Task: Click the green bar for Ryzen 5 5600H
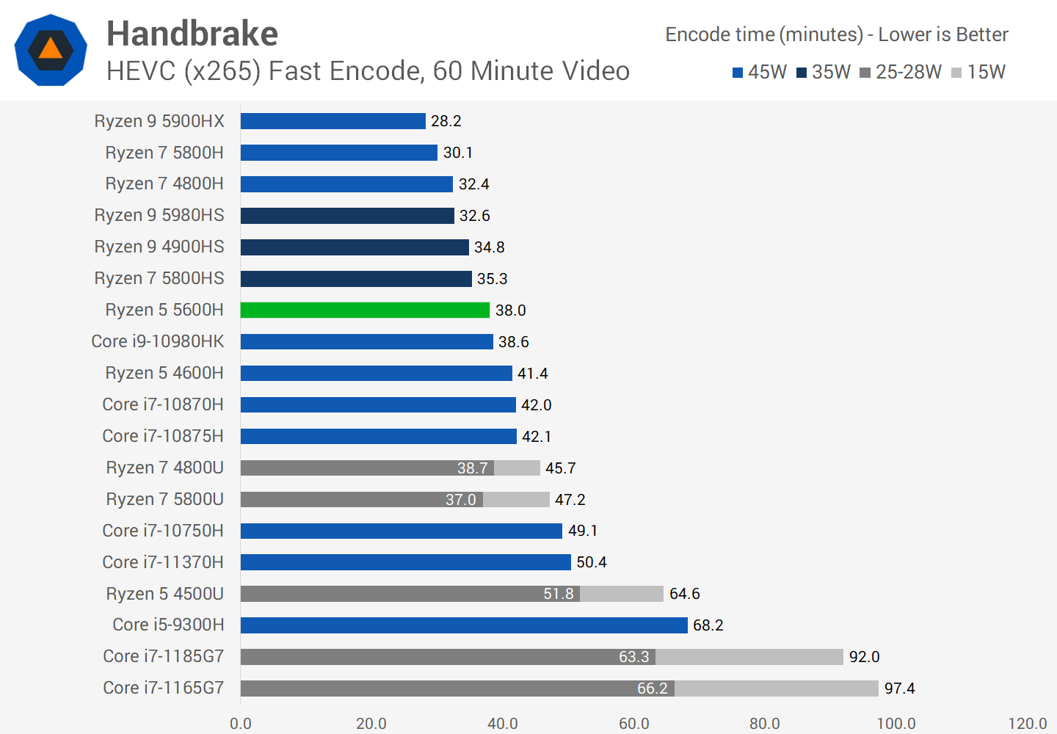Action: tap(365, 310)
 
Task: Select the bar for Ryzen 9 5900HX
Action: tap(333, 121)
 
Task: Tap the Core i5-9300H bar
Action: tap(464, 625)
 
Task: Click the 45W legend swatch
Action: tap(738, 73)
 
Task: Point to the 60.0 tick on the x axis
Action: tap(633, 723)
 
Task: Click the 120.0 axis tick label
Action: tap(1027, 723)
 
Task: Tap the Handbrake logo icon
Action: tap(51, 50)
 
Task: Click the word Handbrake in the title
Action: tap(192, 34)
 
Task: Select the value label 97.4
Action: tap(899, 688)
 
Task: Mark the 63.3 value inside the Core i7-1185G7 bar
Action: tap(633, 656)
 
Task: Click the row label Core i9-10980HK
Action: tap(158, 341)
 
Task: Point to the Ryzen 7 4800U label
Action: tap(164, 468)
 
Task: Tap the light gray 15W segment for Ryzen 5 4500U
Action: tap(622, 593)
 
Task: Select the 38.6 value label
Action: tap(513, 341)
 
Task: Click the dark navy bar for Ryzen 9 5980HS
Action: tap(347, 215)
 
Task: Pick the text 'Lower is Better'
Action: tap(943, 34)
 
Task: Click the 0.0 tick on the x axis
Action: tap(241, 723)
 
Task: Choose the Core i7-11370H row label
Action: tap(163, 562)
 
